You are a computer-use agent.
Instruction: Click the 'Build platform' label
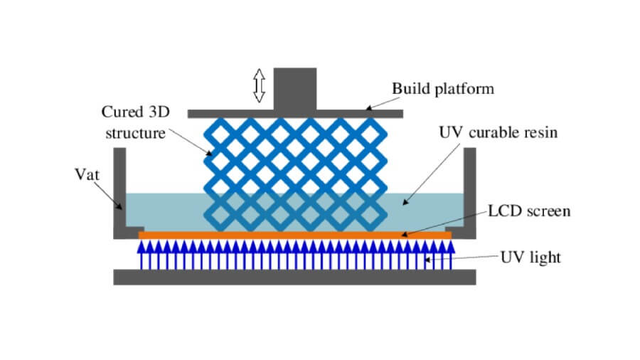click(442, 90)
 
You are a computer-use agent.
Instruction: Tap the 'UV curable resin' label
click(498, 133)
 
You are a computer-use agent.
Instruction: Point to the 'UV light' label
click(530, 257)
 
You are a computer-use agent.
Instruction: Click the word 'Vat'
click(85, 174)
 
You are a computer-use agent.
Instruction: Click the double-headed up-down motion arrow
click(259, 85)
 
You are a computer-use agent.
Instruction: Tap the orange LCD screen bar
click(294, 234)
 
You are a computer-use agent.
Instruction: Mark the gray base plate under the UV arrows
click(294, 276)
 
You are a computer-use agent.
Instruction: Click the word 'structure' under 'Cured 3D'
click(134, 133)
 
